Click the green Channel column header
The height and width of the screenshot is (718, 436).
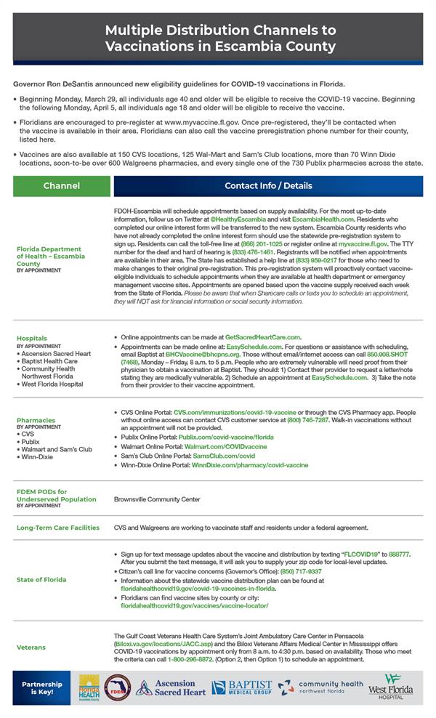[x=61, y=186]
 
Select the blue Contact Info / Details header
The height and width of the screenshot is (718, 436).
[x=268, y=186]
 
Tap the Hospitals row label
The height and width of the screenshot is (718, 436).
[x=32, y=338]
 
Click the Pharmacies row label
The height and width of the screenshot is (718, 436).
[x=36, y=420]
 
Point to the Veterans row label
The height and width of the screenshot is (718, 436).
[x=31, y=647]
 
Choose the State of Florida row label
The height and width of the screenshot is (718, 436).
[x=41, y=579]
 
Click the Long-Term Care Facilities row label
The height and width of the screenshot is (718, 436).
[x=58, y=528]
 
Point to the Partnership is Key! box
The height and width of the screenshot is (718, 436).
[x=42, y=687]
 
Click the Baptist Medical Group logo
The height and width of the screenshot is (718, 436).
[x=241, y=687]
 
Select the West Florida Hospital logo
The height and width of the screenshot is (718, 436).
[x=390, y=687]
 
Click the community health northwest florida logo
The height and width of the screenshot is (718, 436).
[x=320, y=687]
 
